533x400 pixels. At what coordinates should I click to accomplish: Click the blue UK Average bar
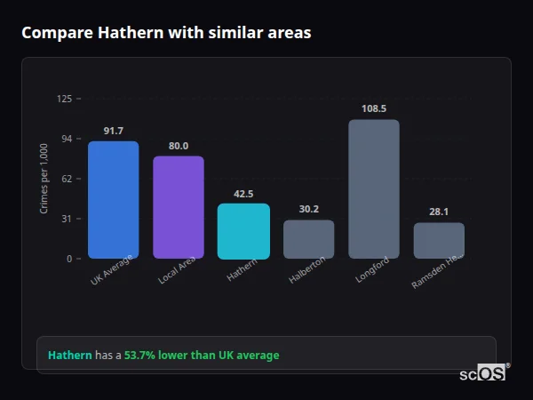coord(113,200)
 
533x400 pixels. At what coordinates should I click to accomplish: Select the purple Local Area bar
coord(179,207)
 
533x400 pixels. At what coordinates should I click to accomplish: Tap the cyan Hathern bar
coord(243,231)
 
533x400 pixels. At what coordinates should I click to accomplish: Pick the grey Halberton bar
coord(308,239)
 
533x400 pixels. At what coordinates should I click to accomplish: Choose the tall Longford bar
coord(374,189)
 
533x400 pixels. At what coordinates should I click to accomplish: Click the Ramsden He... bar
coord(439,240)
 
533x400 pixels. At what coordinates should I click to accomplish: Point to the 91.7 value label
coord(113,131)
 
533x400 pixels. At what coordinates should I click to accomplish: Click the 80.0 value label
coord(179,146)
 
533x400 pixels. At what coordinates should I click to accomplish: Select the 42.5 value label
coord(243,194)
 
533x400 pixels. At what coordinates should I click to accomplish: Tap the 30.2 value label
coord(308,210)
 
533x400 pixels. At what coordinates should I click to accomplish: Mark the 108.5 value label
coord(374,108)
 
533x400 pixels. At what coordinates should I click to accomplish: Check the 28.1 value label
coord(439,212)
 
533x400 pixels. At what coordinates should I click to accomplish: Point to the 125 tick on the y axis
coord(64,99)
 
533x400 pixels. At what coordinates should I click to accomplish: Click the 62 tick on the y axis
coord(67,179)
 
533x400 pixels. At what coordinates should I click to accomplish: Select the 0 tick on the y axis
coord(69,259)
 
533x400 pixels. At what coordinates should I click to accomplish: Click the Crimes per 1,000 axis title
coord(44,179)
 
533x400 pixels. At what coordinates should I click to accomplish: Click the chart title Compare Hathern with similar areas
coord(166,33)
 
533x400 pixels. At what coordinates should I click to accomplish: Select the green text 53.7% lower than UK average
coord(202,356)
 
